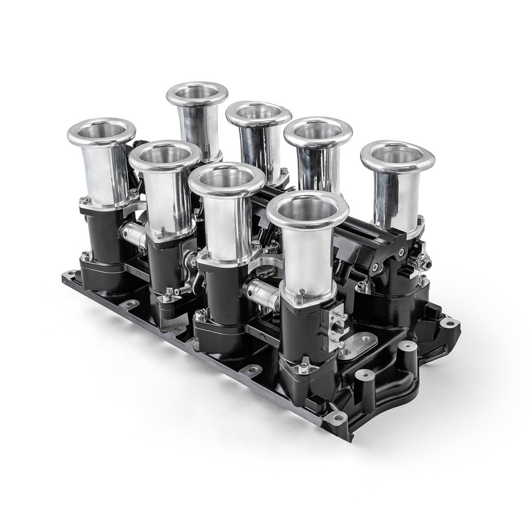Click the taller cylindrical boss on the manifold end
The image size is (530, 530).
click(x=407, y=350)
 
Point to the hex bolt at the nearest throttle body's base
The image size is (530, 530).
click(x=303, y=367)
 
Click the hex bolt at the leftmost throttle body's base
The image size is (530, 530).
click(x=86, y=256)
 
